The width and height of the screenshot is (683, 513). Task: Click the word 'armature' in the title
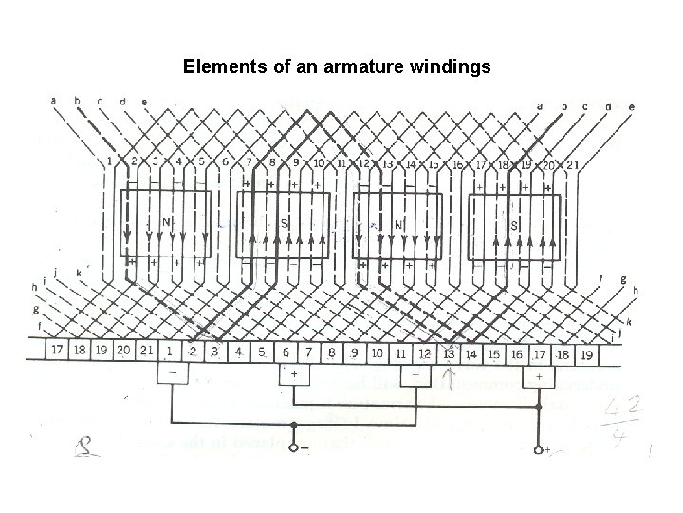pyautogui.click(x=357, y=67)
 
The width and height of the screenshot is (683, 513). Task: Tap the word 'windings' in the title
pyautogui.click(x=446, y=67)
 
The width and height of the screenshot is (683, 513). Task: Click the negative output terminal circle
pyautogui.click(x=293, y=446)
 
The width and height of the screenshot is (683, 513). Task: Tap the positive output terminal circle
pyautogui.click(x=539, y=447)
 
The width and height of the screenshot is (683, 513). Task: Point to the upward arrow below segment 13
pyautogui.click(x=449, y=380)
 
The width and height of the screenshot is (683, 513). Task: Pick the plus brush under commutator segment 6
pyautogui.click(x=294, y=376)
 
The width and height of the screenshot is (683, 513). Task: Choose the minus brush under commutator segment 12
pyautogui.click(x=415, y=376)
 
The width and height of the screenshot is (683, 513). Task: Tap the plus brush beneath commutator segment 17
pyautogui.click(x=540, y=376)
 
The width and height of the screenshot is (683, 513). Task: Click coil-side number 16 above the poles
pyautogui.click(x=458, y=164)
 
